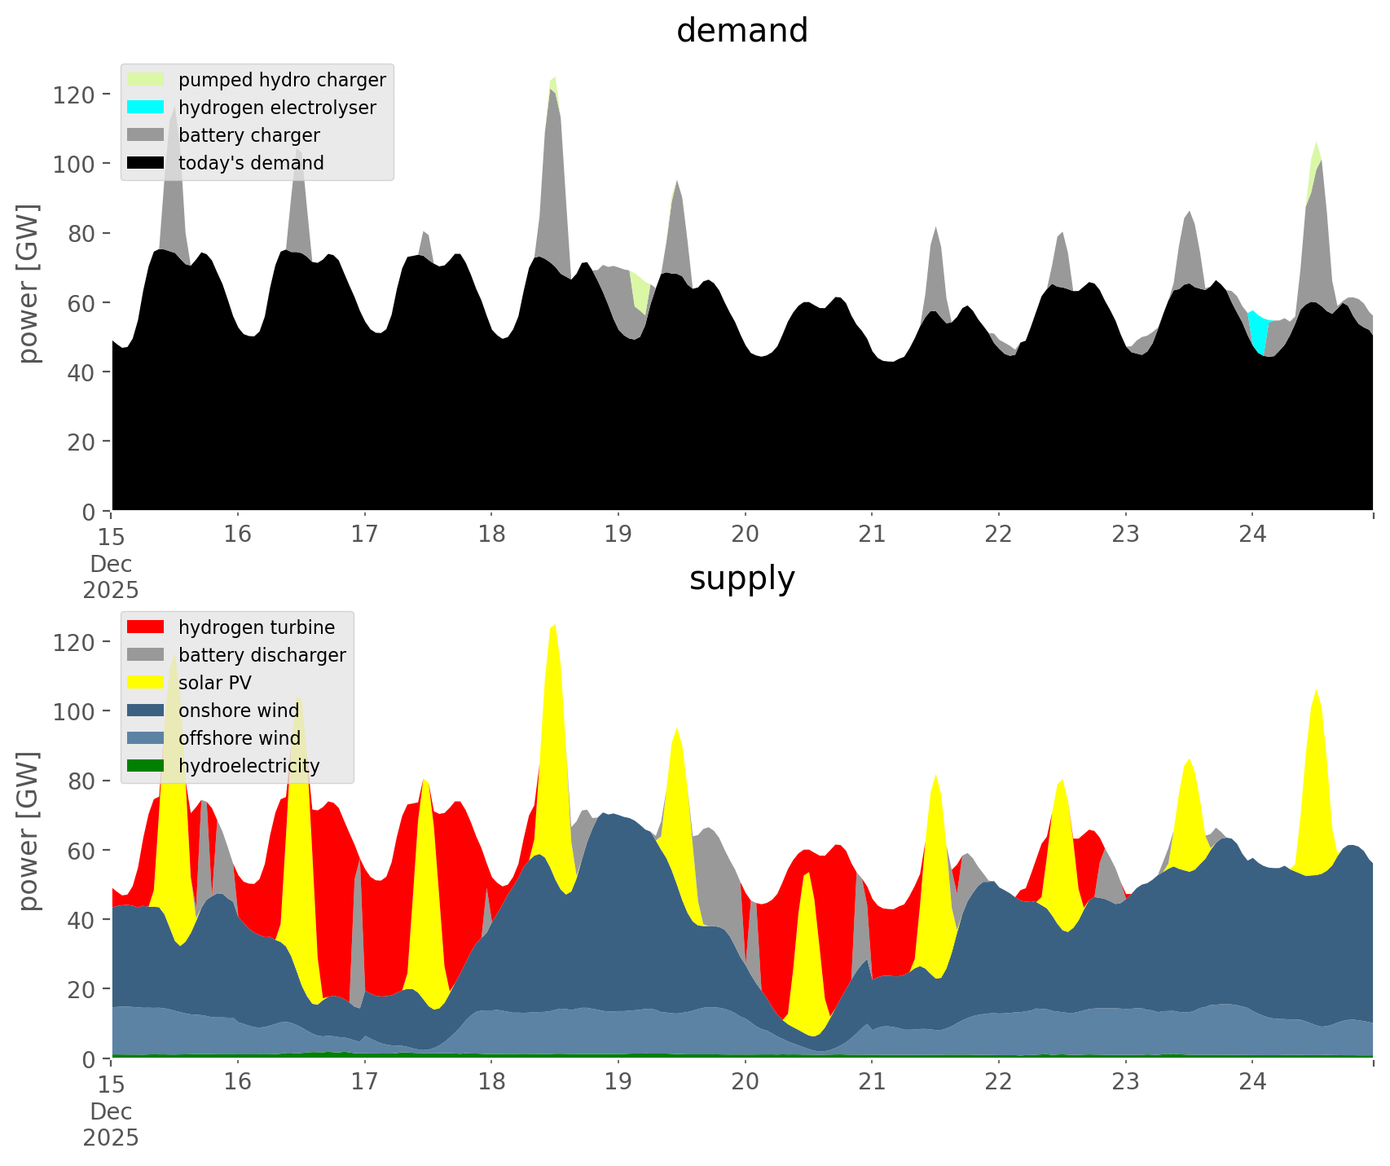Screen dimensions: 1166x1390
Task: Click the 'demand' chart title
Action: click(741, 31)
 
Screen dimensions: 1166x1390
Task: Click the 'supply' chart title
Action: click(741, 579)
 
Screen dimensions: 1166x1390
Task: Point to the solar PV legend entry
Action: click(214, 683)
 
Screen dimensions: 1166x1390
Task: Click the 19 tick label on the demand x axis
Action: click(618, 535)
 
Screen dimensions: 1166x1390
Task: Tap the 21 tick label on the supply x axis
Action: click(872, 1082)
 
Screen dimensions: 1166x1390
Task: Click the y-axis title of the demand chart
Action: click(29, 284)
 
